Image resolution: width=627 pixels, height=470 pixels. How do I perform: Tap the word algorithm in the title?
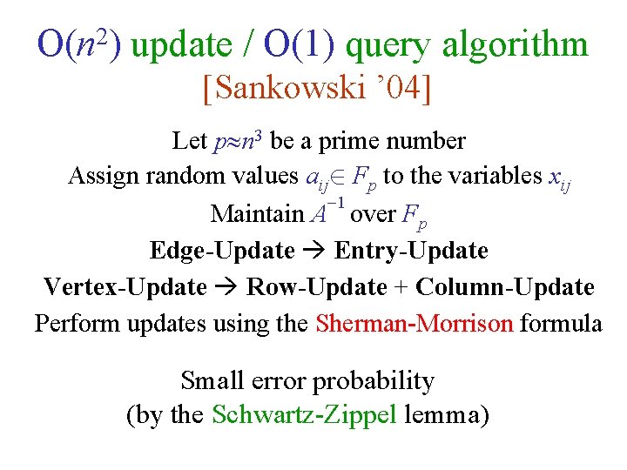pyautogui.click(x=515, y=45)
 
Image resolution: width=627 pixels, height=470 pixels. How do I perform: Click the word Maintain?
pyautogui.click(x=258, y=213)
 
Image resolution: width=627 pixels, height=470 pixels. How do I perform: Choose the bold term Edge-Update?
pyautogui.click(x=222, y=251)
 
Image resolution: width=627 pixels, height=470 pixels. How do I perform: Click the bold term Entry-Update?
pyautogui.click(x=411, y=251)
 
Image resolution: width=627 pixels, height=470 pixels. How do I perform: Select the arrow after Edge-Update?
pyautogui.click(x=314, y=251)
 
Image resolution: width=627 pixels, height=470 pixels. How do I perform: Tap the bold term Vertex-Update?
pyautogui.click(x=125, y=287)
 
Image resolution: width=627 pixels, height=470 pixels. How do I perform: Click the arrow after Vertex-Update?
pyautogui.click(x=226, y=287)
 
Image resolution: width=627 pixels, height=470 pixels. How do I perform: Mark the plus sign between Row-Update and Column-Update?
pyautogui.click(x=401, y=287)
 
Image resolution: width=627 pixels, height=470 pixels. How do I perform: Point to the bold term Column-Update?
pyautogui.click(x=505, y=287)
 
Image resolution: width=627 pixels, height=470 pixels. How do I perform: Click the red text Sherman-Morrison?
pyautogui.click(x=415, y=324)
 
